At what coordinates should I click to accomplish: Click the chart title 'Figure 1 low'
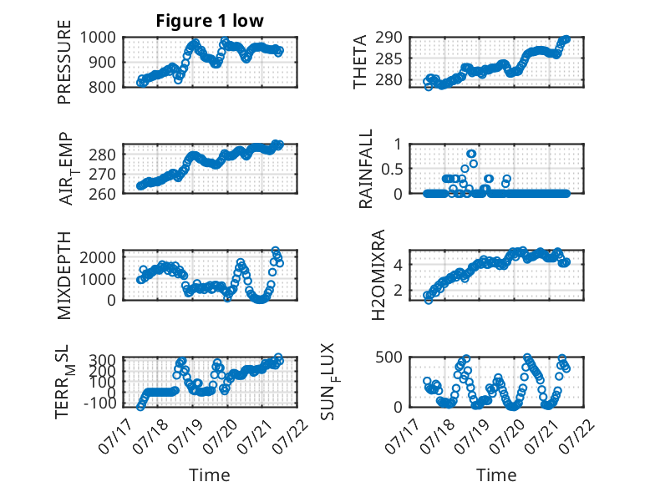[210, 21]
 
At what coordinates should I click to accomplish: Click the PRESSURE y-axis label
[64, 62]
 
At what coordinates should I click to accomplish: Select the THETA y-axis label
[360, 62]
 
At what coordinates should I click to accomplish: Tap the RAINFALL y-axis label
[366, 169]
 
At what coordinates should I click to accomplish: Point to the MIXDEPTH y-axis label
[64, 276]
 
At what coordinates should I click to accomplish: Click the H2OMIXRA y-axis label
[378, 275]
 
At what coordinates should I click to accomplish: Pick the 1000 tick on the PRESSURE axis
[98, 38]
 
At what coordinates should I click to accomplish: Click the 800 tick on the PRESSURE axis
[102, 87]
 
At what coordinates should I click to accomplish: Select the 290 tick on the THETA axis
[388, 38]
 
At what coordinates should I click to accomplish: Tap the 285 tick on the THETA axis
[388, 59]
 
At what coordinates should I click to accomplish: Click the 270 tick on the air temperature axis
[102, 175]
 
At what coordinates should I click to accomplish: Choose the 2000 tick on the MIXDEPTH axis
[98, 257]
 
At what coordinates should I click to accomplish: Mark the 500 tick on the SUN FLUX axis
[388, 358]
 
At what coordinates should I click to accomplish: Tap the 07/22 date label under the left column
[292, 437]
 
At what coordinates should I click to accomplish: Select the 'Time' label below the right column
[496, 475]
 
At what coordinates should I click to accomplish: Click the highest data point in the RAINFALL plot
[471, 154]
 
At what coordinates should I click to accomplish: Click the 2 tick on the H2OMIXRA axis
[398, 291]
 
